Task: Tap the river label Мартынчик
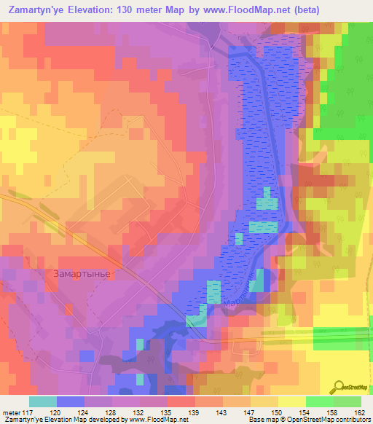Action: pyautogui.click(x=240, y=296)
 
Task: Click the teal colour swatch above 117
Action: pyautogui.click(x=42, y=401)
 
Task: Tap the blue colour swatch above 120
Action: pyautogui.click(x=70, y=401)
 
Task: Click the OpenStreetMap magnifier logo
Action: pyautogui.click(x=339, y=386)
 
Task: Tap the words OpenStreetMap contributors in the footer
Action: pyautogui.click(x=329, y=420)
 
